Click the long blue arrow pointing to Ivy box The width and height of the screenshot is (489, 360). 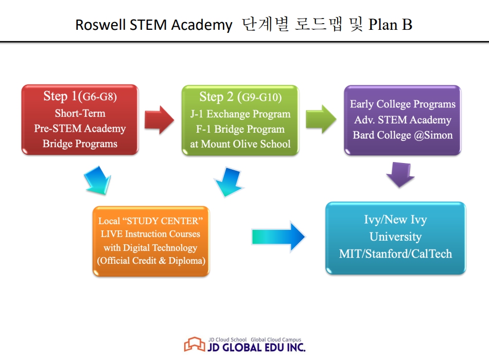pyautogui.click(x=278, y=237)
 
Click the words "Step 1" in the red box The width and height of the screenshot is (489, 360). pyautogui.click(x=62, y=97)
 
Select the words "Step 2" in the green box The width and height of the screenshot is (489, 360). pyautogui.click(x=217, y=97)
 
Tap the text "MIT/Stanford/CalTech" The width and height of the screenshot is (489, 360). pyautogui.click(x=395, y=254)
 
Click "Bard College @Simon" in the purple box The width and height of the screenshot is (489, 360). pyautogui.click(x=403, y=135)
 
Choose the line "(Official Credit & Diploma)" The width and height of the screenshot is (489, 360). pyautogui.click(x=151, y=261)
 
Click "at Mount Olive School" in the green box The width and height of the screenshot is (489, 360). pyautogui.click(x=240, y=144)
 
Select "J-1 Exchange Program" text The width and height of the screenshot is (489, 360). pyautogui.click(x=240, y=114)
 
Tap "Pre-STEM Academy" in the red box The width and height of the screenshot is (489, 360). pyautogui.click(x=80, y=129)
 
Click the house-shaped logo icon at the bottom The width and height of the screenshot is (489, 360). pyautogui.click(x=194, y=345)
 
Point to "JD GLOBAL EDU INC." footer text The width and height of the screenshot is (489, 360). pyautogui.click(x=256, y=347)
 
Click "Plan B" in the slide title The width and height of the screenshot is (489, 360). pyautogui.click(x=390, y=25)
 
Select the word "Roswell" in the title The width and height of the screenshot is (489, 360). pyautogui.click(x=100, y=25)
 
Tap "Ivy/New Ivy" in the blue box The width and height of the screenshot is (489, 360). pyautogui.click(x=395, y=220)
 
